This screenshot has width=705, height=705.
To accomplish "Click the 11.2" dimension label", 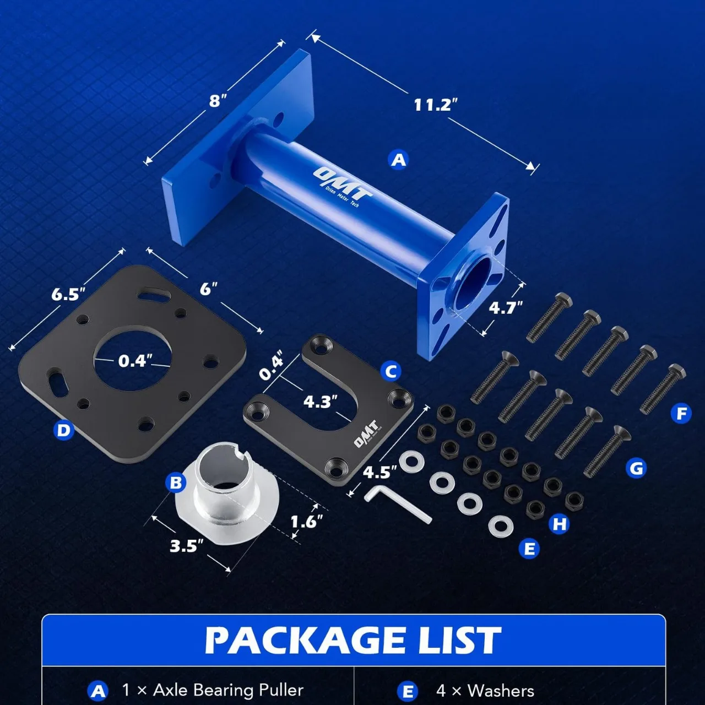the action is pos(435,105).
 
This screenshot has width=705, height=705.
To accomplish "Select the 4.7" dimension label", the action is pos(506,308).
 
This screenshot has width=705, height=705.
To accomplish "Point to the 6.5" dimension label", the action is pos(68,294).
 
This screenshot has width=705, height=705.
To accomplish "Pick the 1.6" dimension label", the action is pos(307,522).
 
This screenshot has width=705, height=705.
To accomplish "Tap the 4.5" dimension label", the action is pos(379,473).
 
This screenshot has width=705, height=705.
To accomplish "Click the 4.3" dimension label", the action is pos(320,402).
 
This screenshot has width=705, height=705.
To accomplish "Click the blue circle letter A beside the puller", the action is pos(399,160).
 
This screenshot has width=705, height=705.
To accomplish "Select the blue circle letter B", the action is pos(176,483).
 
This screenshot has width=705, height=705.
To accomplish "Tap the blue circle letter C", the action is pos(391,372).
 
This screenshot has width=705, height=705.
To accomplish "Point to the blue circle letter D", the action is pos(63,431).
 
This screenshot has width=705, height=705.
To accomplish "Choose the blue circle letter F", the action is pos(681,414).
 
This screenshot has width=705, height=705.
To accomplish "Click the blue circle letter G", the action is pos(636,469).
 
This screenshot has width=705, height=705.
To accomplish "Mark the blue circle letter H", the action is pos(560,524).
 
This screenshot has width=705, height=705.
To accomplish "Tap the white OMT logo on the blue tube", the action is pos(342,187).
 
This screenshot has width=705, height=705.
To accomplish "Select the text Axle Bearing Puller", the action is pos(228,690).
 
